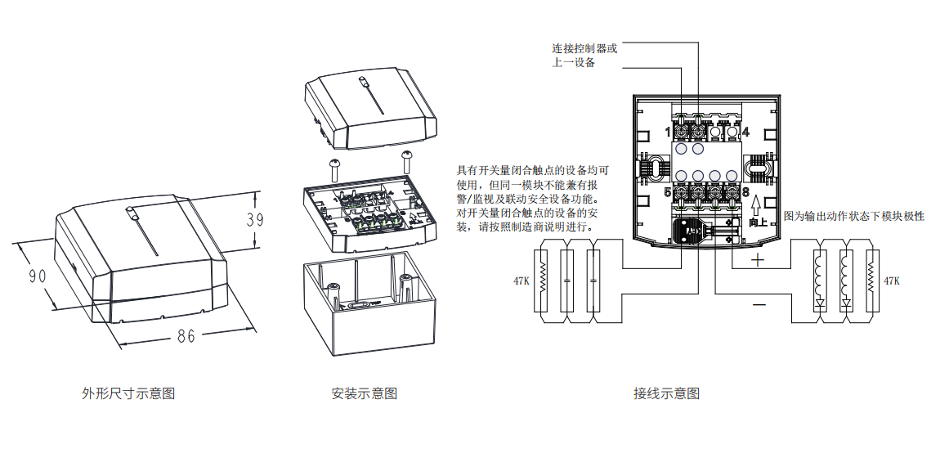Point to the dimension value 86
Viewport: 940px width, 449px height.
pos(186,335)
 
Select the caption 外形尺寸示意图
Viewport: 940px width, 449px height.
pos(128,393)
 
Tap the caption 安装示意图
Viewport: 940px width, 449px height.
pos(365,393)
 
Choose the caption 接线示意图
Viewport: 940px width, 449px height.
pos(666,393)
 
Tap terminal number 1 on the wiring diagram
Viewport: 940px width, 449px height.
pos(668,132)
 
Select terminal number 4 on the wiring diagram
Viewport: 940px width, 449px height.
pos(745,132)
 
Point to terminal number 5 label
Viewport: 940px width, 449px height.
pos(668,192)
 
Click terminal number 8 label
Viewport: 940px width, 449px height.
pos(745,192)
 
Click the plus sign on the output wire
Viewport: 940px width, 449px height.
pos(758,261)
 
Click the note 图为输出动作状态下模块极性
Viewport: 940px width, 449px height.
pos(854,216)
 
